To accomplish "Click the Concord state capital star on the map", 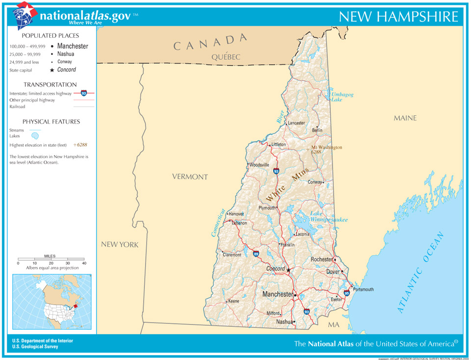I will pos(288,270).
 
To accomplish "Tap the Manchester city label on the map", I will pos(277,294).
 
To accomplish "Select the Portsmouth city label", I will pos(363,289).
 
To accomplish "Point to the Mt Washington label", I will pos(327,147).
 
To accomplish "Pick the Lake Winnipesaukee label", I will pos(328,217).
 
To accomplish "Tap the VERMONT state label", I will pos(190,177).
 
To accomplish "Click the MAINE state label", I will pos(405,118).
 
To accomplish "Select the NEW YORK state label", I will pos(120,244).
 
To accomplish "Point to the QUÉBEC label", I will pos(226,57).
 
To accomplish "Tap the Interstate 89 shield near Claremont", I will pos(256,254).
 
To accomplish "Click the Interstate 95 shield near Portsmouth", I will pos(347,293).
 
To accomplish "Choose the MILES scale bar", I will pos(51,258).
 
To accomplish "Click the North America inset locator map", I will pos(52,302).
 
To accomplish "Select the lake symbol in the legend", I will pos(35,136).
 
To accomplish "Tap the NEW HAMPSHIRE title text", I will pos(398,16).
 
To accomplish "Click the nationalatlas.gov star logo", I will pos(25,15).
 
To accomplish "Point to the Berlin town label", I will pos(317,130).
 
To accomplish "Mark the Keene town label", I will pos(234,301).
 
